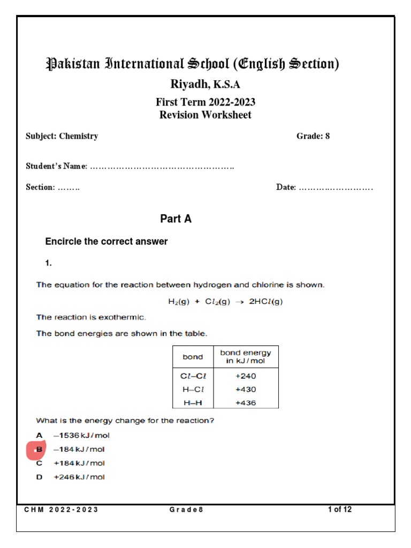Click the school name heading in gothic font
pyautogui.click(x=193, y=64)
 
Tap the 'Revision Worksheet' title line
pyautogui.click(x=205, y=115)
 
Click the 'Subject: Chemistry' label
pyautogui.click(x=62, y=136)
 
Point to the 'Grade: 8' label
pyautogui.click(x=313, y=136)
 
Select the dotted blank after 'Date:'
pyautogui.click(x=336, y=187)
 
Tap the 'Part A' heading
pyautogui.click(x=176, y=219)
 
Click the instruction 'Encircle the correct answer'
pyautogui.click(x=106, y=242)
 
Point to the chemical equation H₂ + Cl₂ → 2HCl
pyautogui.click(x=225, y=301)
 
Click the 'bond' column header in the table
pyautogui.click(x=193, y=357)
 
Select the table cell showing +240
pyautogui.click(x=246, y=376)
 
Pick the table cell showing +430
pyautogui.click(x=246, y=389)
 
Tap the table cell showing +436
pyautogui.click(x=246, y=402)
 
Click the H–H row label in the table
pyautogui.click(x=193, y=402)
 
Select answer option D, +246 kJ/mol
pyautogui.click(x=79, y=477)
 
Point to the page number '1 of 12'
pyautogui.click(x=339, y=509)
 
